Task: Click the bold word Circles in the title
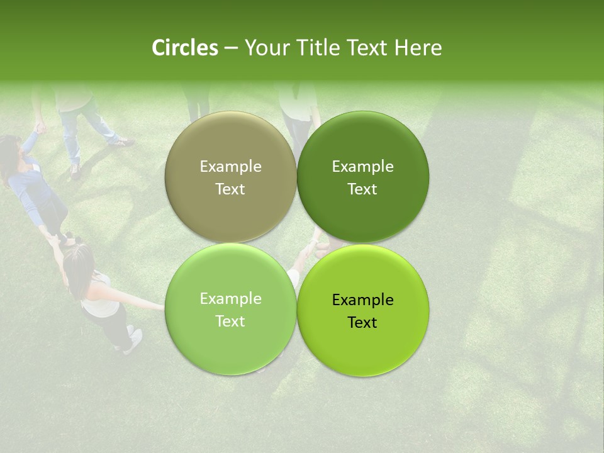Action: point(185,48)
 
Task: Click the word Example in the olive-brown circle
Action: point(230,167)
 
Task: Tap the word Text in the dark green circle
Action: point(362,189)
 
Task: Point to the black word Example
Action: point(362,300)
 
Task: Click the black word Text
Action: point(362,323)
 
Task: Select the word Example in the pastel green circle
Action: point(230,299)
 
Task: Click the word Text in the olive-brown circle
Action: point(230,189)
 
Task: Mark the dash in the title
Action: point(231,48)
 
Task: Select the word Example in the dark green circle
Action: point(362,167)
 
